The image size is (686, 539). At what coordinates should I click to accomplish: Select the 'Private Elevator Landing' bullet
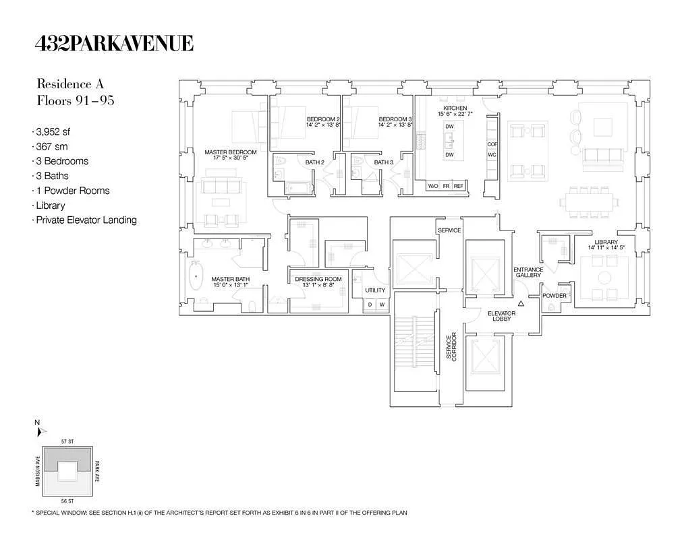pyautogui.click(x=86, y=220)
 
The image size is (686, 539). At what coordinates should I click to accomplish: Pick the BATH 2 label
pyautogui.click(x=315, y=162)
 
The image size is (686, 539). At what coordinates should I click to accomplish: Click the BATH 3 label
pyautogui.click(x=383, y=162)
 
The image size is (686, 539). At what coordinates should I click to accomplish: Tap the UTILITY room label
pyautogui.click(x=375, y=290)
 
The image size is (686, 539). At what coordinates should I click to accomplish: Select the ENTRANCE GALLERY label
pyautogui.click(x=529, y=272)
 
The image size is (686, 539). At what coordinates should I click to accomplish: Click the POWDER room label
pyautogui.click(x=554, y=296)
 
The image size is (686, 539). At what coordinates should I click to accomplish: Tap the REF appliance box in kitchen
pyautogui.click(x=458, y=185)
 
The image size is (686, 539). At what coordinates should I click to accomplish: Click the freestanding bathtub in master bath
pyautogui.click(x=196, y=276)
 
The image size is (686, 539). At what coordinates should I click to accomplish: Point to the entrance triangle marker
pyautogui.click(x=521, y=305)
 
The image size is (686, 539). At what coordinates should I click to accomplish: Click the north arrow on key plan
pyautogui.click(x=40, y=430)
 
